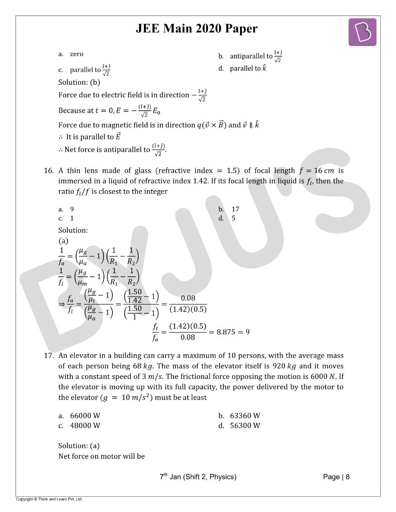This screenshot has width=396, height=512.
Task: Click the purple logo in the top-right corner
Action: [x=362, y=32]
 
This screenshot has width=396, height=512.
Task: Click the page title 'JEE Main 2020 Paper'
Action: [x=196, y=29]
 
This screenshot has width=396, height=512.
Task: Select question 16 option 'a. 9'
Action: [x=66, y=209]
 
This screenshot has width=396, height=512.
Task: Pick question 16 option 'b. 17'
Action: [x=229, y=209]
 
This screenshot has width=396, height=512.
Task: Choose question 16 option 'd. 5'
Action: [x=227, y=218]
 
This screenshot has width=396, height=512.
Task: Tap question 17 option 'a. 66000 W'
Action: [x=79, y=416]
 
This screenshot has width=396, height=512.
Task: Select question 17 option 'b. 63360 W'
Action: [x=239, y=416]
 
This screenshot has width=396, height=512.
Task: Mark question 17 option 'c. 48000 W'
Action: [x=79, y=425]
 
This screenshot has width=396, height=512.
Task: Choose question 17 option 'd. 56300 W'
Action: [x=239, y=425]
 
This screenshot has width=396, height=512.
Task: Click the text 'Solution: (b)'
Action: [x=79, y=82]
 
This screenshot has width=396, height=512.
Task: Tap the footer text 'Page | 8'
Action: [x=336, y=477]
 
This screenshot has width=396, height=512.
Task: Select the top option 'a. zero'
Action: [x=71, y=54]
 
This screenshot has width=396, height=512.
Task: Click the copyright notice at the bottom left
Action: [x=49, y=499]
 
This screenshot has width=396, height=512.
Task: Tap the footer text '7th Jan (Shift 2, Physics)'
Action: [x=198, y=477]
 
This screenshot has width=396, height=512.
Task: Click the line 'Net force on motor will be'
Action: [x=101, y=456]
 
